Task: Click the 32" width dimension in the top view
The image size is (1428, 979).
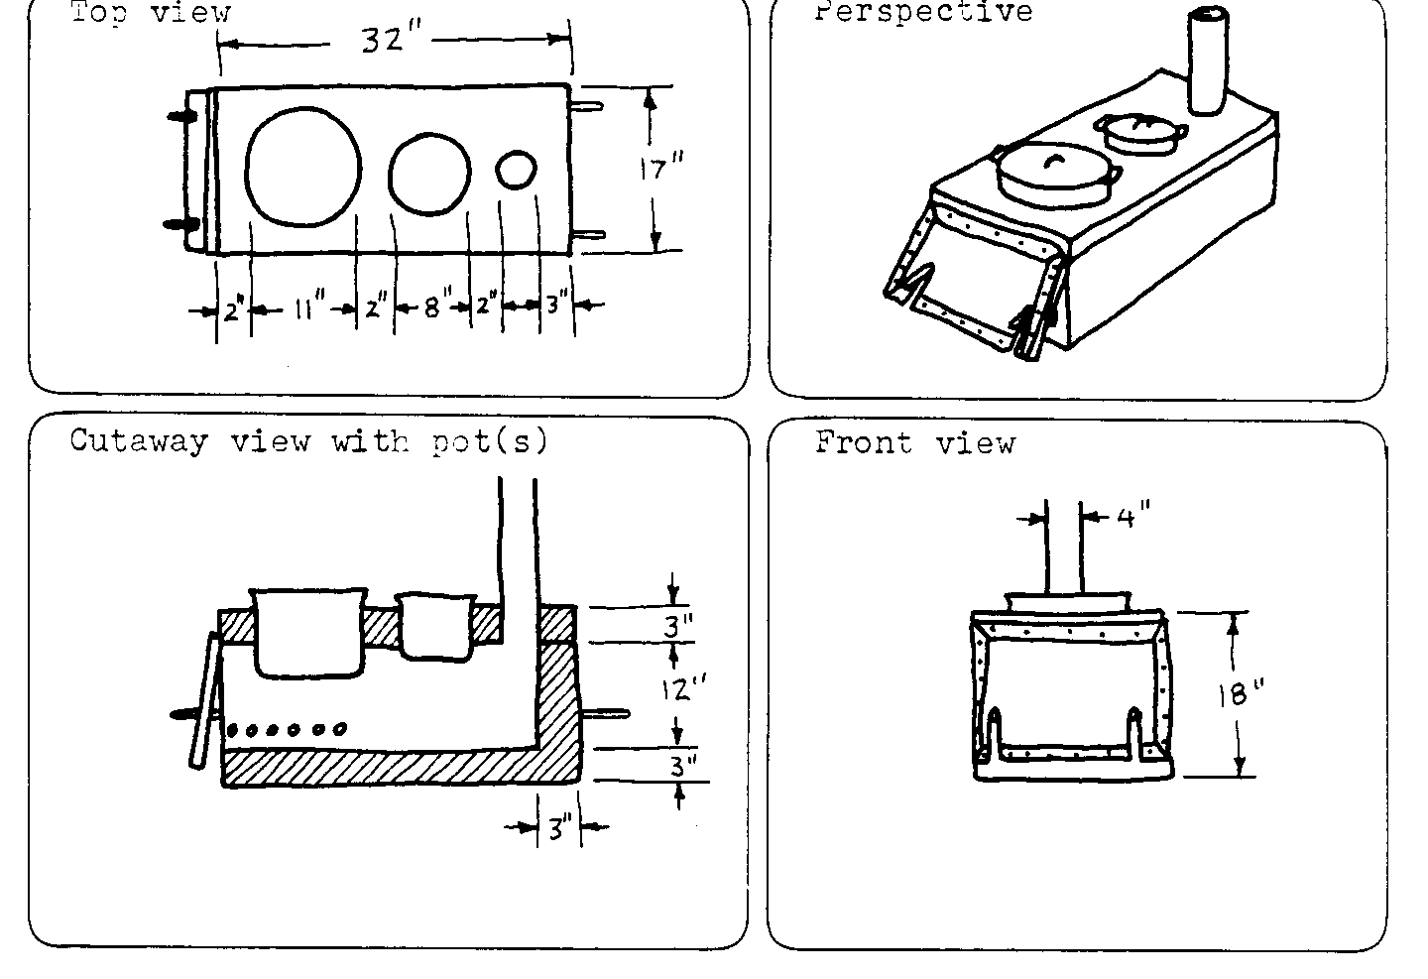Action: point(393,41)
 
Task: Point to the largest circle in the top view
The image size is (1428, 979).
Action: point(302,166)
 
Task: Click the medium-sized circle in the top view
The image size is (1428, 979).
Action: point(428,174)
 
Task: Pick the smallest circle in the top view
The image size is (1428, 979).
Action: point(515,170)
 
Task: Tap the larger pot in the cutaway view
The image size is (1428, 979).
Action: point(306,632)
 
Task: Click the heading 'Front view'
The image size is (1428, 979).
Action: point(914,442)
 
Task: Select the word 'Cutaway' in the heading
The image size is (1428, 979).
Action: point(139,440)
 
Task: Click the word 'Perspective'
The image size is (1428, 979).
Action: point(923,12)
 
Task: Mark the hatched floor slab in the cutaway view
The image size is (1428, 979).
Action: point(377,766)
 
